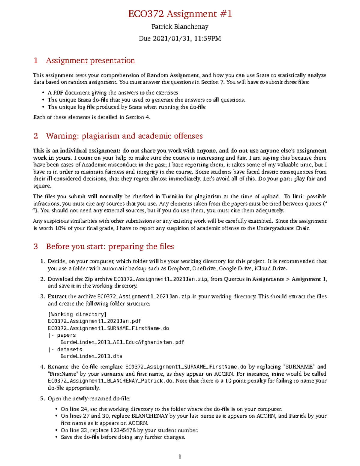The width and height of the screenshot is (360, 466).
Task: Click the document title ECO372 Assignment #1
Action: point(180,14)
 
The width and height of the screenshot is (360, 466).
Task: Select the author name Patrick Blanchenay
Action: point(180,27)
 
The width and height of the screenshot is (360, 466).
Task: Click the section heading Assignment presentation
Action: point(90,61)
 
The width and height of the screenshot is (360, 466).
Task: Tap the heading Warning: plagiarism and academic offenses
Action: point(124,136)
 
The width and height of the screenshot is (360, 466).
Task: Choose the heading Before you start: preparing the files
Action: point(110,246)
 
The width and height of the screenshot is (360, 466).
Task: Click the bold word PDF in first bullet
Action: point(58,93)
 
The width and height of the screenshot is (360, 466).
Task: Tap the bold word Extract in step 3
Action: point(57,296)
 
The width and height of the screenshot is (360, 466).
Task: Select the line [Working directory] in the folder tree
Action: point(77,314)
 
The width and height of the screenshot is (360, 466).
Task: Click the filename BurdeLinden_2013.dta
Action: point(91,356)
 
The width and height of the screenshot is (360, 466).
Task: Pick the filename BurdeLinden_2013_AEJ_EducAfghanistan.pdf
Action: point(122,342)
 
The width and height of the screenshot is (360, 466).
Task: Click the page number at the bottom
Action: point(180,457)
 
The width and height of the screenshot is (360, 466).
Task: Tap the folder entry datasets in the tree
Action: point(70,350)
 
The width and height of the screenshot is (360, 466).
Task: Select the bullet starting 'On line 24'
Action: point(171,409)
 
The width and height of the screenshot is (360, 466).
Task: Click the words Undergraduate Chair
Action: point(283,228)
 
